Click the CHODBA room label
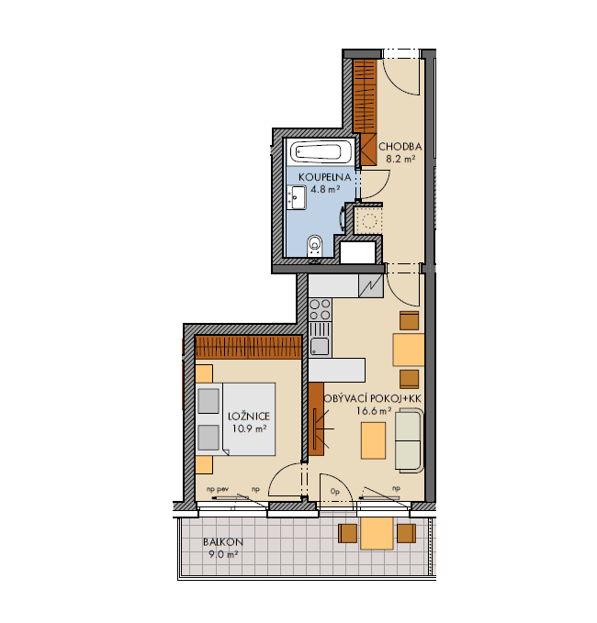pyautogui.click(x=402, y=147)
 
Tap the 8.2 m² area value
pyautogui.click(x=400, y=159)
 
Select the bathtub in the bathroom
pyautogui.click(x=315, y=151)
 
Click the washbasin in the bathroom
pyautogui.click(x=297, y=197)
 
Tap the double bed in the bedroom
pyautogui.click(x=234, y=418)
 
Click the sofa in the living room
pyautogui.click(x=408, y=439)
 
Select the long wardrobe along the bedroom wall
pyautogui.click(x=249, y=348)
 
